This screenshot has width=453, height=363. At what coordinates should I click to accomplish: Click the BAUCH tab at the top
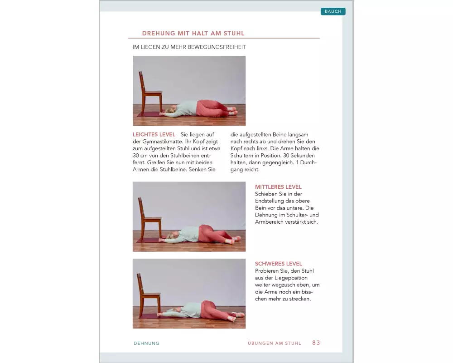[x=333, y=11]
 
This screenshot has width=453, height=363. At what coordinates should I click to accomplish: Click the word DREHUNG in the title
[x=159, y=33]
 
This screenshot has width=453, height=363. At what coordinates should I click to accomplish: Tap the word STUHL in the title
[x=234, y=33]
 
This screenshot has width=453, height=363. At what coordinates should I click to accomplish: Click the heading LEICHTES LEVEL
[x=154, y=134]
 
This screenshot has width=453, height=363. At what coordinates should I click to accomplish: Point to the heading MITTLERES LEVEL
[x=278, y=186]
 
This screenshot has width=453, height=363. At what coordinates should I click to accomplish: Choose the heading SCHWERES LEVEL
[x=279, y=264]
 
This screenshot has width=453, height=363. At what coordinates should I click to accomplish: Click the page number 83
[x=316, y=343]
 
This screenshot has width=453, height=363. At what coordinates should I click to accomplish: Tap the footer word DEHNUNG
[x=146, y=343]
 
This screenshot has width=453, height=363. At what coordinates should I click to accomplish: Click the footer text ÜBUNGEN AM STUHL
[x=274, y=343]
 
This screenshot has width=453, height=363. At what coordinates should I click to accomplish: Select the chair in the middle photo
[x=149, y=219]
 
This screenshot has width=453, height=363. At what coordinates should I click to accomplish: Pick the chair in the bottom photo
[x=149, y=295]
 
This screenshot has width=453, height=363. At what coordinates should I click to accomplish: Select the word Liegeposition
[x=291, y=278]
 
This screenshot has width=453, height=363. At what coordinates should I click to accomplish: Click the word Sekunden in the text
[x=303, y=156]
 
